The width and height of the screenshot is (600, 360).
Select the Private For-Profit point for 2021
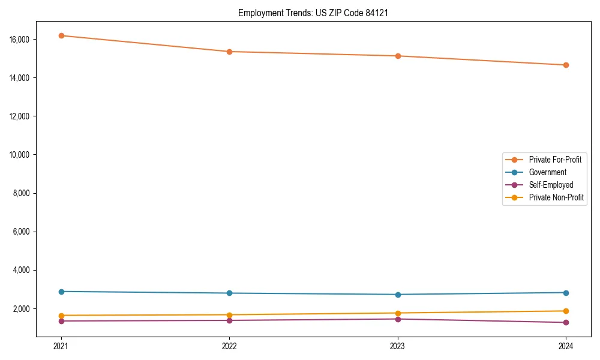61,35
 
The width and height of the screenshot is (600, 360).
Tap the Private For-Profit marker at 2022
229,52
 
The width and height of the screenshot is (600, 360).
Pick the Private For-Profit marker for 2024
566,65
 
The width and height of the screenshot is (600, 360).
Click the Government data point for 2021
61,292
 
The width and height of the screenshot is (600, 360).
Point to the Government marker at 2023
398,295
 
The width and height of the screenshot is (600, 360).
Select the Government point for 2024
566,293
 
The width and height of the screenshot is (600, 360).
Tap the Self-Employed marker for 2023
398,319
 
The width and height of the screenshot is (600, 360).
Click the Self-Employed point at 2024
566,323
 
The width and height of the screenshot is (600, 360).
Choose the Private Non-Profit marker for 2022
229,315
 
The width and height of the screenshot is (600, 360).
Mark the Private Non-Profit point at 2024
566,311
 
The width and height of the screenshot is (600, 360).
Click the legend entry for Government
547,172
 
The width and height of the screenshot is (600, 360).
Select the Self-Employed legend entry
551,185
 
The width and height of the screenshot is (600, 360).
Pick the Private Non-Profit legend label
556,197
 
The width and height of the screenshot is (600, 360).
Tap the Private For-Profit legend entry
555,160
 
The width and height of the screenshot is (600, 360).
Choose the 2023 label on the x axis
398,346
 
